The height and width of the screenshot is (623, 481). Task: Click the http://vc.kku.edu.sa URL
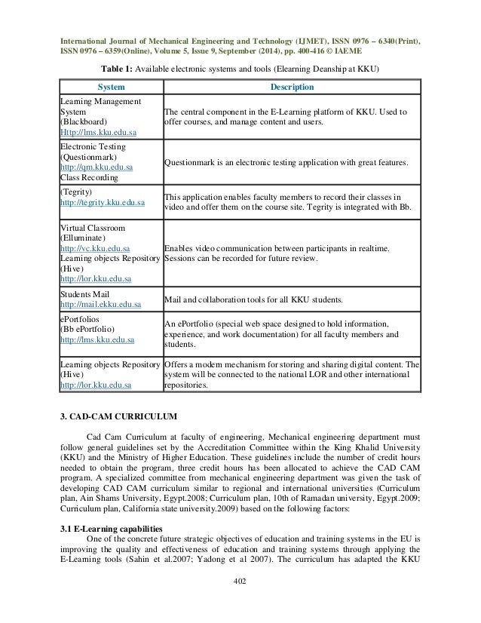tap(88, 247)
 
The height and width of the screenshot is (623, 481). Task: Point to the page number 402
tap(240, 581)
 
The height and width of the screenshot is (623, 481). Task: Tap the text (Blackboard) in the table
tap(84, 121)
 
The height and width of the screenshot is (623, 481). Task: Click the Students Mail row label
tap(84, 294)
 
